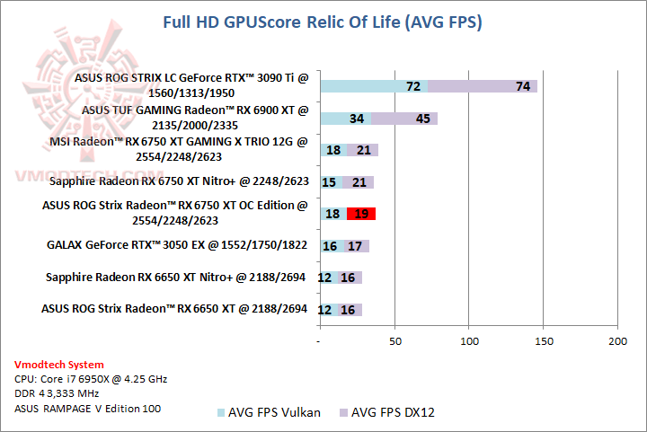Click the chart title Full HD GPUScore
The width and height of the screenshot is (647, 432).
(322, 22)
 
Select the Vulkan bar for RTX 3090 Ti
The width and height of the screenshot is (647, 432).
(373, 86)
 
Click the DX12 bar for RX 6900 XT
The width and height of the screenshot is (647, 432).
(404, 119)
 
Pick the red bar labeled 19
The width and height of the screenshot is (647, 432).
(361, 214)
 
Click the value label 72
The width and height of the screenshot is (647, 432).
(413, 86)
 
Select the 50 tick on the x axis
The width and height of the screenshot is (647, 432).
(394, 341)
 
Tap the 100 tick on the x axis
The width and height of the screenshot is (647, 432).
(468, 341)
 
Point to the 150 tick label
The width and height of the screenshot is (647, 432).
(543, 341)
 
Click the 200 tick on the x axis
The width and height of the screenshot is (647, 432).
(617, 341)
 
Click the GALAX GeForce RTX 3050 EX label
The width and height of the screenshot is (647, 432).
(177, 244)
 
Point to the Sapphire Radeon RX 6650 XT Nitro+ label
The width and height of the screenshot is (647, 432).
(177, 277)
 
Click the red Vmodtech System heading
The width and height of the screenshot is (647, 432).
(58, 365)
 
